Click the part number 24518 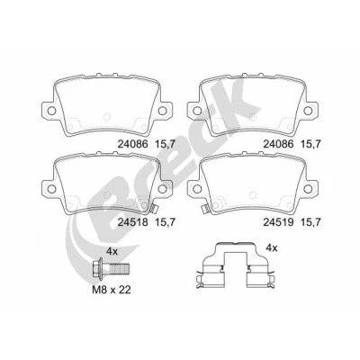(x=132, y=222)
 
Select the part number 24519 (x=278, y=222)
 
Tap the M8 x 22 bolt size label (x=112, y=290)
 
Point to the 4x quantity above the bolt (x=112, y=251)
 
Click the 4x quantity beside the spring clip (x=272, y=247)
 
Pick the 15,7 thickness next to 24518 (x=165, y=222)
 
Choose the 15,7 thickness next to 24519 (x=310, y=222)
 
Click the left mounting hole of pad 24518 (x=51, y=189)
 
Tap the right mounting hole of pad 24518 (x=162, y=189)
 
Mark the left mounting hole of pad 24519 (x=197, y=189)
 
